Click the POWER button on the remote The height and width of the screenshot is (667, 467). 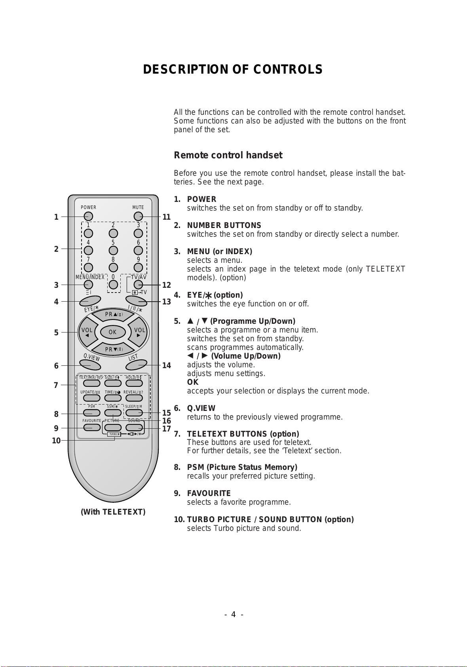point(88,217)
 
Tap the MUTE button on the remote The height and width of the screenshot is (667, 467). point(138,217)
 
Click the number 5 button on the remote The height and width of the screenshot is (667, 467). point(113,251)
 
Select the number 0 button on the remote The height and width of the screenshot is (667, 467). point(113,284)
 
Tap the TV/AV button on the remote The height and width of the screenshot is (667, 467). point(138,285)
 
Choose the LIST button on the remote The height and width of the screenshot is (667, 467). point(137,365)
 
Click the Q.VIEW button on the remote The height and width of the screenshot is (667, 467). point(90,365)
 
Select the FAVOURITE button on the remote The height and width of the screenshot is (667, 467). point(92,428)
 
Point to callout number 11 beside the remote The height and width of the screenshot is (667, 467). point(167,217)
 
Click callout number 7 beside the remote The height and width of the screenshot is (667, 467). point(56,385)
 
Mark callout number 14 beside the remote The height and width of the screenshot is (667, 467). point(167,365)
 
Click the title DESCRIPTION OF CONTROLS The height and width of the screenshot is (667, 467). point(233,70)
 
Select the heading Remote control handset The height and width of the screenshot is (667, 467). point(228,155)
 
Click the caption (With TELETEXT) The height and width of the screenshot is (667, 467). point(113,512)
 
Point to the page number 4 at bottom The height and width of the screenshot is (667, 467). point(233,614)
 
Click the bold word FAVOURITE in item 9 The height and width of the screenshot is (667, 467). point(209,493)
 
